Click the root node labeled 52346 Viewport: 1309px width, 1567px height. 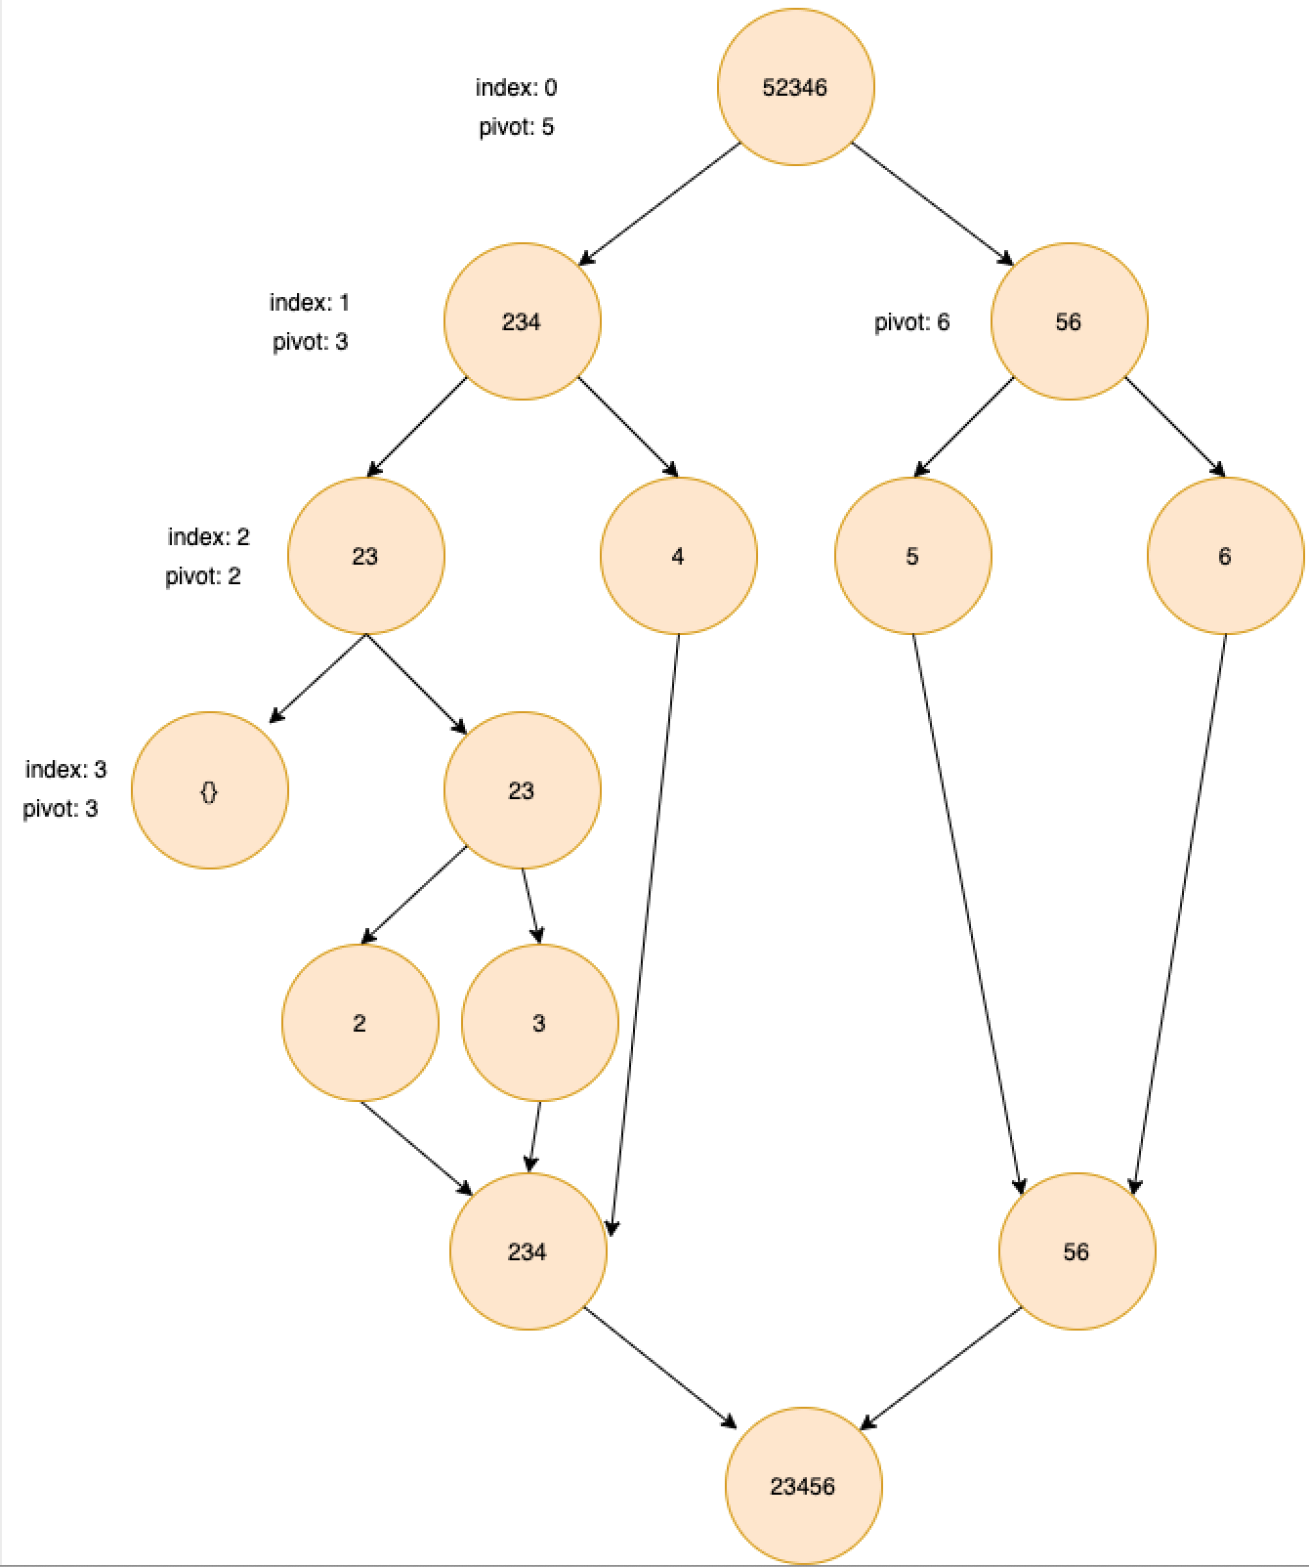coord(795,87)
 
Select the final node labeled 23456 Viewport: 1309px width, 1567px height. coord(803,1486)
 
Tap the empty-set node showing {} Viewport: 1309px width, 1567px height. coord(209,790)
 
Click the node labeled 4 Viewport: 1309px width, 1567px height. coord(678,556)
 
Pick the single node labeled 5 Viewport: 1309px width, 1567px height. coord(912,556)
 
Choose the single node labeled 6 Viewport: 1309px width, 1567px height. coord(1225,556)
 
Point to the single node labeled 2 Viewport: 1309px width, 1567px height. coord(359,1023)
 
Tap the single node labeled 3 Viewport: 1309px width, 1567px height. coord(539,1023)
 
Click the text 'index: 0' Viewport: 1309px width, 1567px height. coord(516,88)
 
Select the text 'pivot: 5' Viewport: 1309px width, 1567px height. coord(516,127)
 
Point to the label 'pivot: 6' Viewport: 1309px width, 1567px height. coord(911,322)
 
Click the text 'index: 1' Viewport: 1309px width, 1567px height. coord(309,303)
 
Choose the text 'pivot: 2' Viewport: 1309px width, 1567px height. coord(202,576)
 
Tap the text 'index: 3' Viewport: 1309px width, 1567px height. coord(65,770)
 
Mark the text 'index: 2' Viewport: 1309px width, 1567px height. coord(208,537)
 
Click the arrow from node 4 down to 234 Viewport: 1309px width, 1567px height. coord(645,928)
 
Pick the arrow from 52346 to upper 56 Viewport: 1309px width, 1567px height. coord(932,203)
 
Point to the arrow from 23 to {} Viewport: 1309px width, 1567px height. coord(318,678)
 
